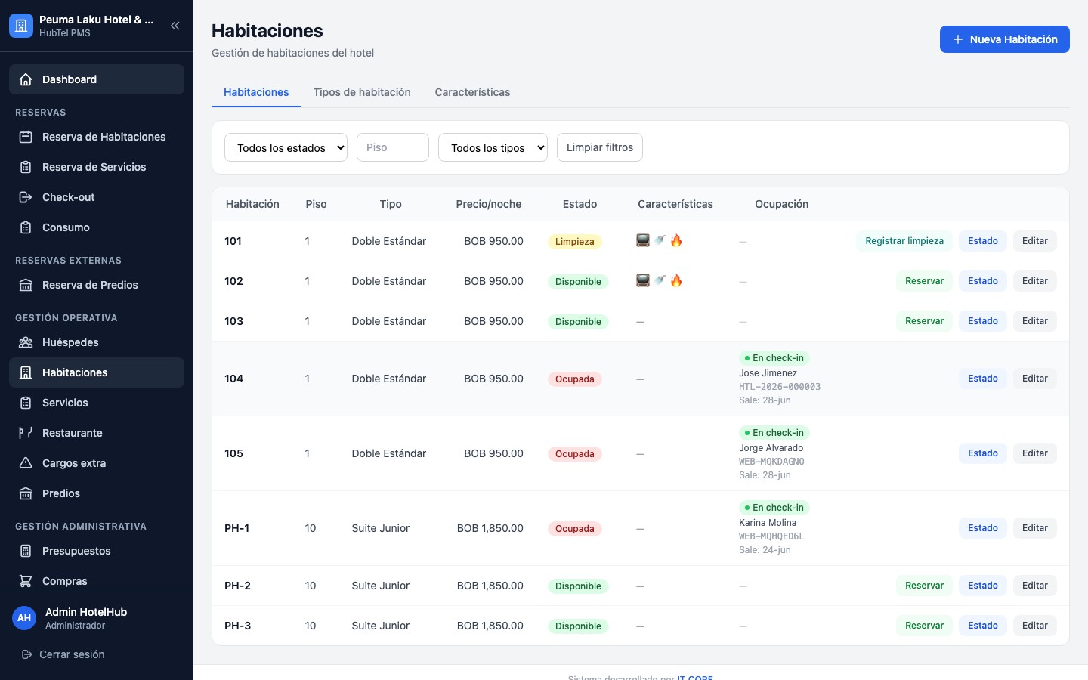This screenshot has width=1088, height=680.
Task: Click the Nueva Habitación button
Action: pos(1004,39)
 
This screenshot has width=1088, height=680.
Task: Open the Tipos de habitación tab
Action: pos(362,92)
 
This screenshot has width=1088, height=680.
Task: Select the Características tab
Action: pos(472,92)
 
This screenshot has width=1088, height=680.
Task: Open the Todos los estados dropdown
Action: pos(286,147)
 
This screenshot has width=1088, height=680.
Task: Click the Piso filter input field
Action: pos(392,147)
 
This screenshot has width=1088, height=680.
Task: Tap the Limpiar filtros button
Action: pos(599,147)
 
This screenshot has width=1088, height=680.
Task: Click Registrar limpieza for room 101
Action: pos(904,241)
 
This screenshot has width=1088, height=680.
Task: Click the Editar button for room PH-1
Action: pos(1034,528)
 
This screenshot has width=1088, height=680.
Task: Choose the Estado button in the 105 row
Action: pos(982,453)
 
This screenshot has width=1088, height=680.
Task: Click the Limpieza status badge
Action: pos(574,242)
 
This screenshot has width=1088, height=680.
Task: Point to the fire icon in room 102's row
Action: pos(676,281)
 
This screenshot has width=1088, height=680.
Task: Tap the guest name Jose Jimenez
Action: pos(768,373)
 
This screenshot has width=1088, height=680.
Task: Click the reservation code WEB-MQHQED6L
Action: pos(771,536)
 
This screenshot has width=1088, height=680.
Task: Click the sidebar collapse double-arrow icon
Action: pos(175,26)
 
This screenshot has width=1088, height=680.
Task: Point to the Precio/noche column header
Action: pos(488,204)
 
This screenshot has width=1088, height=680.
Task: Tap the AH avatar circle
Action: pos(24,618)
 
